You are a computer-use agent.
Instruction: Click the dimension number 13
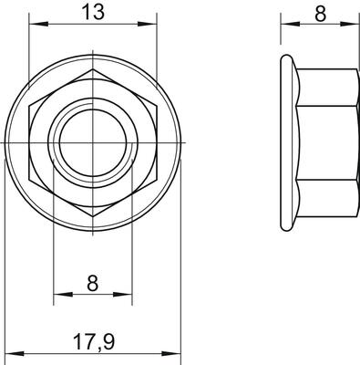(93, 12)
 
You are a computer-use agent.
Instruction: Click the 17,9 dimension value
(94, 342)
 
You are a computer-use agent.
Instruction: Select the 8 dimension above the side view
(321, 14)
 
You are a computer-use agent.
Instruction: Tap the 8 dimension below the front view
(92, 283)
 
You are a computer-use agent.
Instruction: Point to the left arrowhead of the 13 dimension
(38, 24)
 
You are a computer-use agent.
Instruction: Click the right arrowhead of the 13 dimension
(148, 24)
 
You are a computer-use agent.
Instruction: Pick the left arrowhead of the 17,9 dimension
(15, 354)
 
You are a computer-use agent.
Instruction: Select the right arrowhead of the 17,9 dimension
(171, 354)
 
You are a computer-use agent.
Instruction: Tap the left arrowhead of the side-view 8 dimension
(290, 24)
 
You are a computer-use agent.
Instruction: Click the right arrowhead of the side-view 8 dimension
(349, 24)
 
